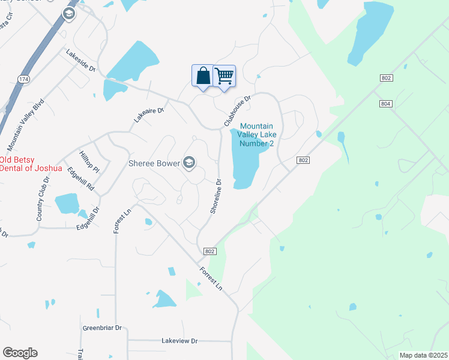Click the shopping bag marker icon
(203, 76)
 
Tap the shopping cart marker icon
(224, 76)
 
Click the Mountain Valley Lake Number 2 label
(256, 134)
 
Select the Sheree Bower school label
(155, 163)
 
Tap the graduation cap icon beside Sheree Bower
(190, 162)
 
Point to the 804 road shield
(385, 103)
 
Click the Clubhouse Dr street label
(237, 110)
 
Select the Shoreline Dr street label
(216, 196)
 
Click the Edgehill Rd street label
(80, 178)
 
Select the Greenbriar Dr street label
(102, 328)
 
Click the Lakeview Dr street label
(179, 340)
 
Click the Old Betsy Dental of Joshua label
(31, 164)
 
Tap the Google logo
(20, 353)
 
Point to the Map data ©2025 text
(423, 355)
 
